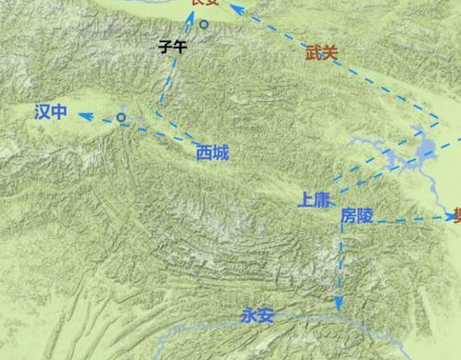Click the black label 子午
(172, 46)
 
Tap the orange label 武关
(322, 53)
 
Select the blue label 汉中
(50, 112)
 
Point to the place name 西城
(212, 151)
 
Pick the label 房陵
(357, 216)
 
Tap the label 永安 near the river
(257, 315)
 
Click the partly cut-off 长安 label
(204, 3)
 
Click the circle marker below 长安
(203, 24)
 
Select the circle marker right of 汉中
(121, 117)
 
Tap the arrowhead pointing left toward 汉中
(84, 115)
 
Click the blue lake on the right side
(426, 149)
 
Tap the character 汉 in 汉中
(42, 112)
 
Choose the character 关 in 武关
(331, 53)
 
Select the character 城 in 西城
(221, 151)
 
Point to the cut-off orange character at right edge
(457, 214)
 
